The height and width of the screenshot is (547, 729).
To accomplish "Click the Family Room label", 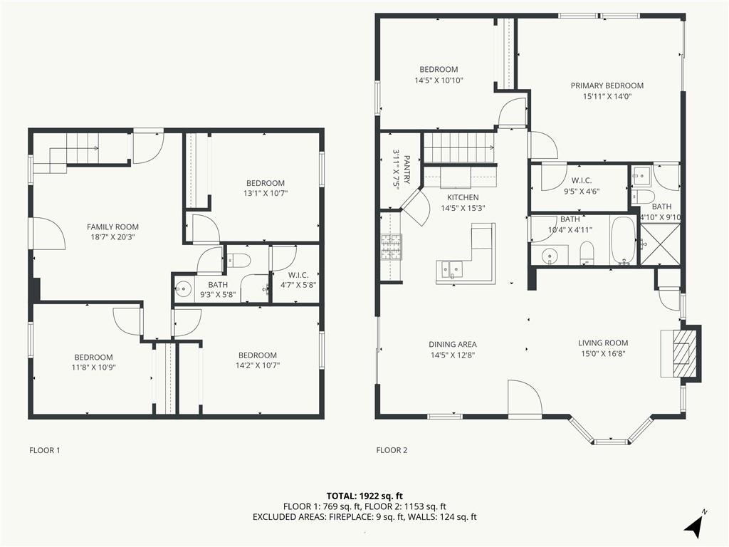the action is (112, 227).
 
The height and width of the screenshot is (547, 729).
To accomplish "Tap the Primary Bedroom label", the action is (607, 85).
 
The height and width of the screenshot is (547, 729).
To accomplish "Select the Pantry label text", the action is (407, 170).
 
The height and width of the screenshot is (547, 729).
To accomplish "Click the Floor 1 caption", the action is (45, 450).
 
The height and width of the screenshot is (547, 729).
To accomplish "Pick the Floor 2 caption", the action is (392, 450).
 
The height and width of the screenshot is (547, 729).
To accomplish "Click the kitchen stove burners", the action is (391, 246).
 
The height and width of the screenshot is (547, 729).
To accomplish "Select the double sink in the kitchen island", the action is (449, 269).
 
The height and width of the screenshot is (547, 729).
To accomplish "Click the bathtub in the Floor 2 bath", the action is (622, 241).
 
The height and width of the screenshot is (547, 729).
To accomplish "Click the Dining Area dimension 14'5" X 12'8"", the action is (452, 355).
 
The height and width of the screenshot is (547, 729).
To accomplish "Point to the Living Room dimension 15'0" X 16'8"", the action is (603, 353).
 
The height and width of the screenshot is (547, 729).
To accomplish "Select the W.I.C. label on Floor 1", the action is (298, 275).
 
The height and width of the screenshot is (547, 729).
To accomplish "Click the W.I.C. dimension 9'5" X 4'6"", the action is (582, 191).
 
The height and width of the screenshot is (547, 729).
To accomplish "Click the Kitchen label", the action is (463, 197).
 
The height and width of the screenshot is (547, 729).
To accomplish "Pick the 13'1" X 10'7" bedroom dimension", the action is (266, 193).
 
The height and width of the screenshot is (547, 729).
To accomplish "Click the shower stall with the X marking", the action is (660, 245).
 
